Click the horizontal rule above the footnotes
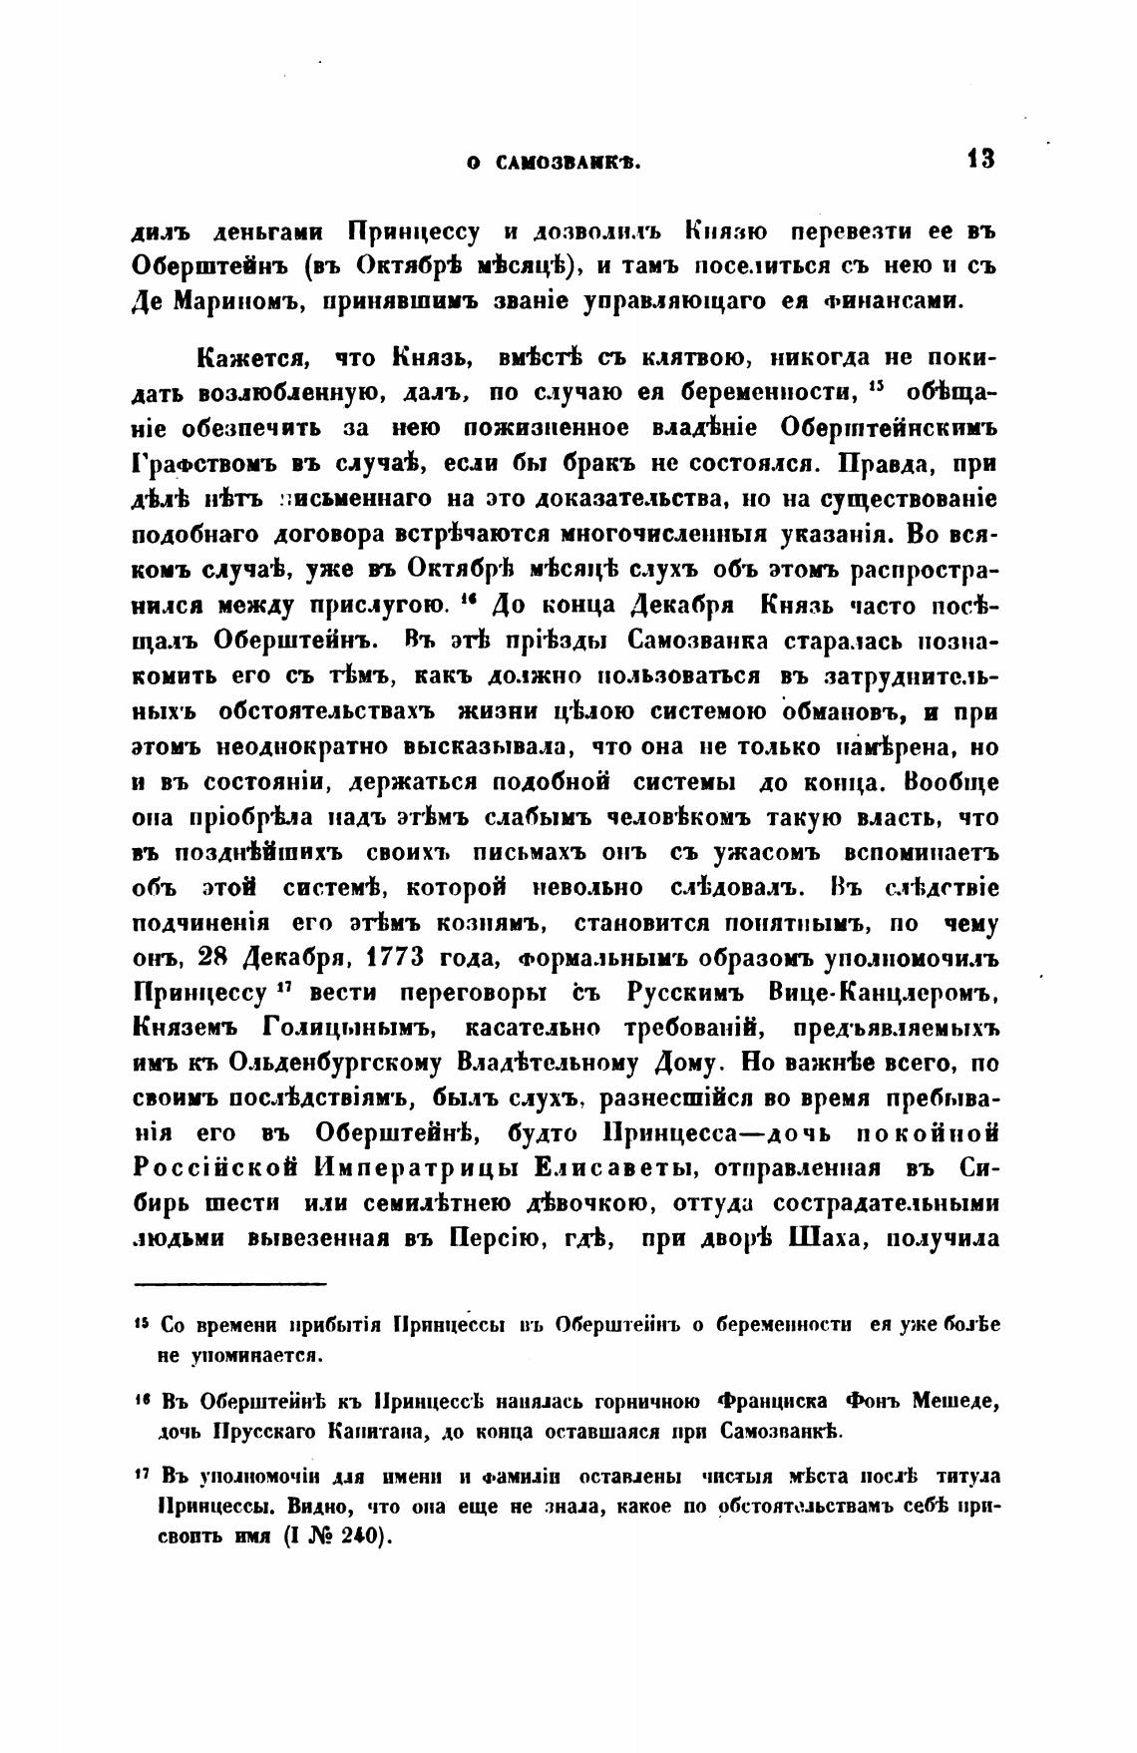pos(230,1284)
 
